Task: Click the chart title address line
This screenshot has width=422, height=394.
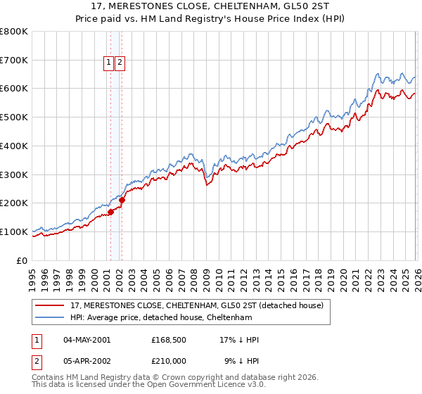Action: [211, 6]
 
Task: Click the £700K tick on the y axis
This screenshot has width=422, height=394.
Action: [14, 61]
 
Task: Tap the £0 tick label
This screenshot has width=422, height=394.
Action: [23, 260]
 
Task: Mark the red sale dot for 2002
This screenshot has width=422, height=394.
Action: [122, 200]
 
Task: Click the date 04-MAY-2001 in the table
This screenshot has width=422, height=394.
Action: [87, 340]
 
